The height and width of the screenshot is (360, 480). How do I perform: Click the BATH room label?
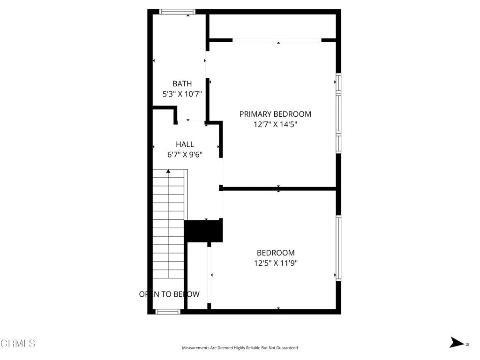tap(182, 84)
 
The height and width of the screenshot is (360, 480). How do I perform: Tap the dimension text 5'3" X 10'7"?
tap(182, 94)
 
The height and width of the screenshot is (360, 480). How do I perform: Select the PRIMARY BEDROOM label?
tap(275, 114)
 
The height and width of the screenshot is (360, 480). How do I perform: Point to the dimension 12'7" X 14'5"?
tap(275, 124)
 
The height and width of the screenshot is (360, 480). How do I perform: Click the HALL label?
tap(185, 144)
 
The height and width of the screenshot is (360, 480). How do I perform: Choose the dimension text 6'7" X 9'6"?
tap(185, 154)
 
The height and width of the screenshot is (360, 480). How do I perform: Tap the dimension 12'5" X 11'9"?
tap(276, 263)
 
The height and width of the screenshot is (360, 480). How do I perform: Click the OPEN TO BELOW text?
tap(169, 294)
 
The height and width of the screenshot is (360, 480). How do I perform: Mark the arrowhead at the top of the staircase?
tap(168, 172)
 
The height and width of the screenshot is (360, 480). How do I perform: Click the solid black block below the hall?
tap(203, 231)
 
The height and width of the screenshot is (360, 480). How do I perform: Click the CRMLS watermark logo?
tap(18, 344)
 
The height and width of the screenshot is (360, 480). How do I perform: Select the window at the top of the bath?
tap(178, 12)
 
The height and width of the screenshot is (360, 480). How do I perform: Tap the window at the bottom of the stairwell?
tap(167, 311)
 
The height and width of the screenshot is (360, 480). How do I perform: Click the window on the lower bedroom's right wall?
tap(338, 247)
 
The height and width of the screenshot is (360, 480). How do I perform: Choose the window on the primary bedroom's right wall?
tap(338, 112)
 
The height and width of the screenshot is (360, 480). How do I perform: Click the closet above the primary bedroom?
tap(272, 26)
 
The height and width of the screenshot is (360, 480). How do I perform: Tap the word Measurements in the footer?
tap(195, 348)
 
